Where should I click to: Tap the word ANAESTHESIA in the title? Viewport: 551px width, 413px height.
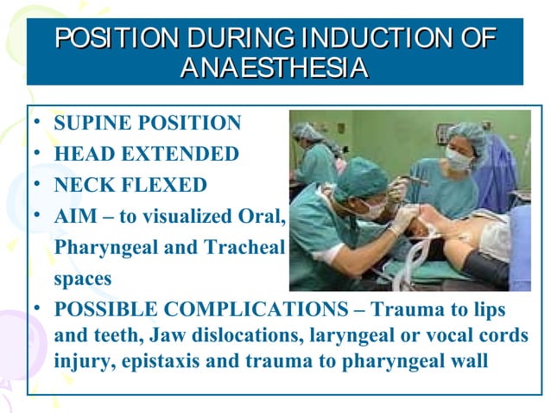click(x=275, y=67)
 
